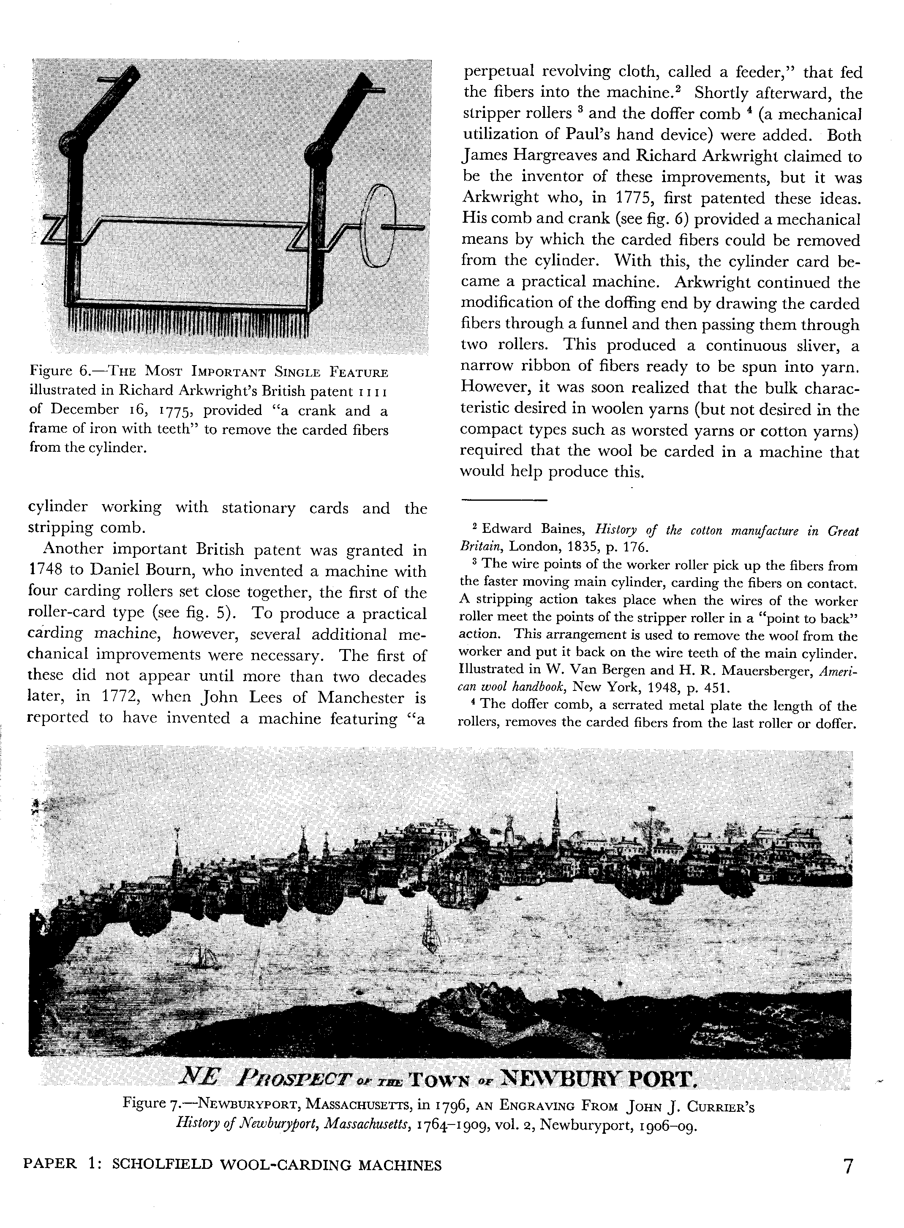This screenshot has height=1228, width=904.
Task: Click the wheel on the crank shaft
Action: pyautogui.click(x=378, y=226)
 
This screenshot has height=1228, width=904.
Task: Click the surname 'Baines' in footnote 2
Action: pyautogui.click(x=558, y=529)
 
